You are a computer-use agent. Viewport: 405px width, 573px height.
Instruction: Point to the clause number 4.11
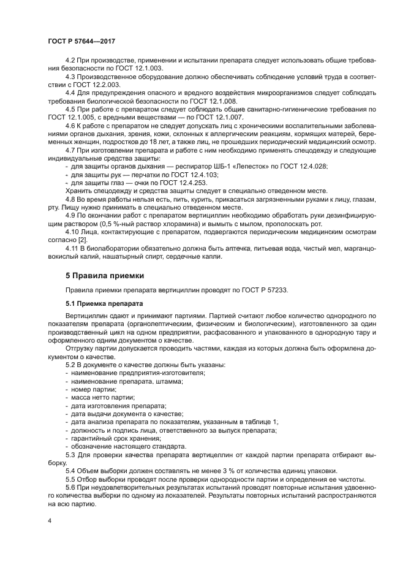coord(73,248)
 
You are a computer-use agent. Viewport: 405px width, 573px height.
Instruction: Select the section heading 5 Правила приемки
coord(104,276)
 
